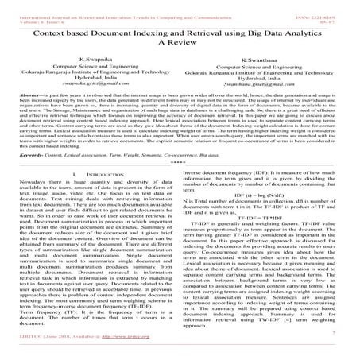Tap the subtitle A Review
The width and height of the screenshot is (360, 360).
179,40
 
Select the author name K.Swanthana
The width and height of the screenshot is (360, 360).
266,59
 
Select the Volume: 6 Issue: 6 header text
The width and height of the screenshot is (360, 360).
32,11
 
